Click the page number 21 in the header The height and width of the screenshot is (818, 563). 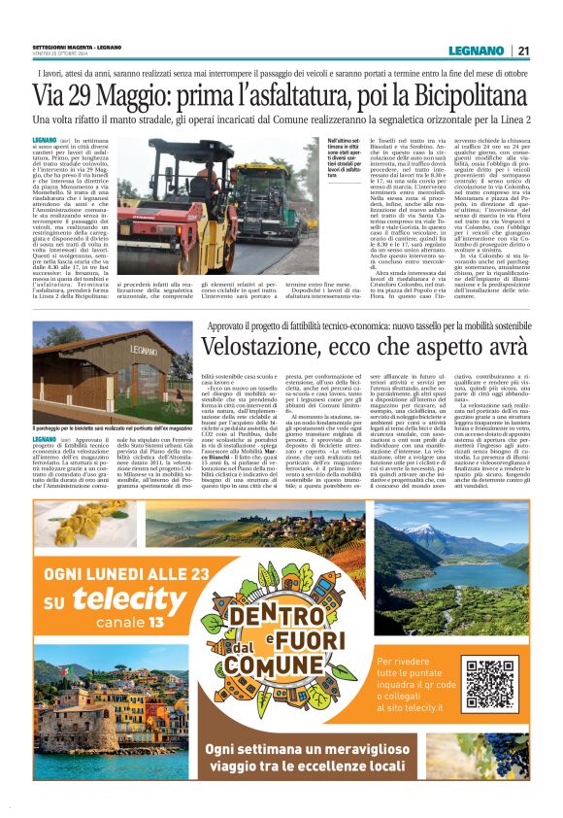(x=523, y=51)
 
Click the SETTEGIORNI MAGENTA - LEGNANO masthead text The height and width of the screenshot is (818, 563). (x=77, y=47)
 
